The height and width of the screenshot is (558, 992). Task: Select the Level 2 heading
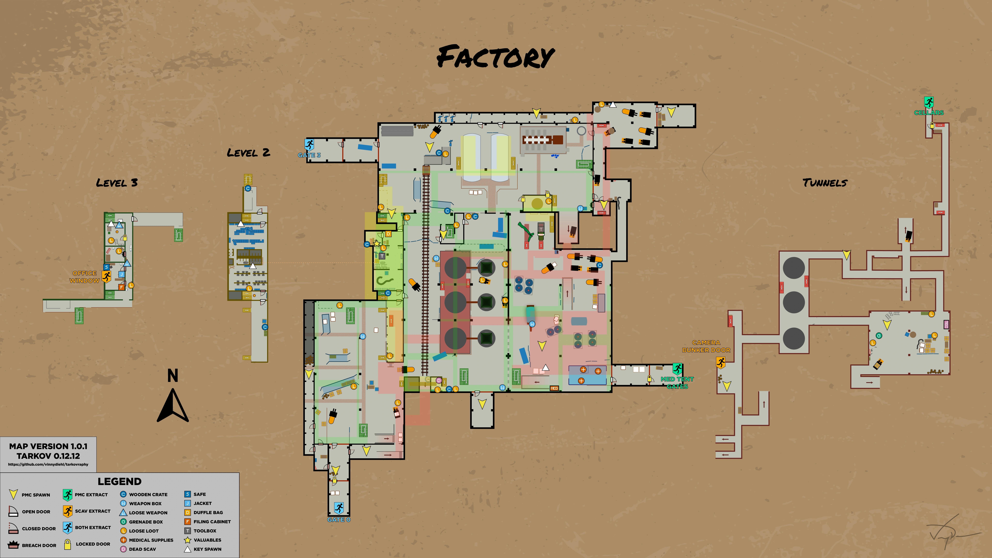click(x=248, y=153)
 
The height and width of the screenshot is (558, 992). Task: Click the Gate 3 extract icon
click(x=309, y=145)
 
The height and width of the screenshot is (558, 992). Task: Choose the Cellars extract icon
click(x=929, y=102)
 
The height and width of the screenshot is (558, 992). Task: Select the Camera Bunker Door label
click(x=706, y=346)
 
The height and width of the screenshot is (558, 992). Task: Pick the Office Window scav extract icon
click(x=106, y=276)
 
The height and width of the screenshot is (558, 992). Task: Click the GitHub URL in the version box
click(x=48, y=464)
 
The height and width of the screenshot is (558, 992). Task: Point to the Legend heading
click(x=119, y=481)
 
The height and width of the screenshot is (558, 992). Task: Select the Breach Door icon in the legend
click(x=13, y=545)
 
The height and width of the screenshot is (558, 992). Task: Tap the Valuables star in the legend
click(x=188, y=540)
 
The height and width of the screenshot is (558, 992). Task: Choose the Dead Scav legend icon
click(x=123, y=549)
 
